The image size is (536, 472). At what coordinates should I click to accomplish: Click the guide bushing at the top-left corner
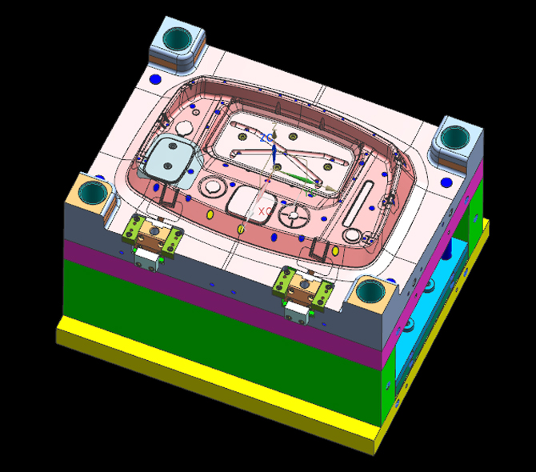point(178,38)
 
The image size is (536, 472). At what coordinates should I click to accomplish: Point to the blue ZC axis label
point(266,137)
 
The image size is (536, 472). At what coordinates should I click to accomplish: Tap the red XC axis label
point(263,211)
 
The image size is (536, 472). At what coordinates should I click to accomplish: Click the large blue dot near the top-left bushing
point(154,79)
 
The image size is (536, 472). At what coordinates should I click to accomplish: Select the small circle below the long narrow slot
point(352,234)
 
